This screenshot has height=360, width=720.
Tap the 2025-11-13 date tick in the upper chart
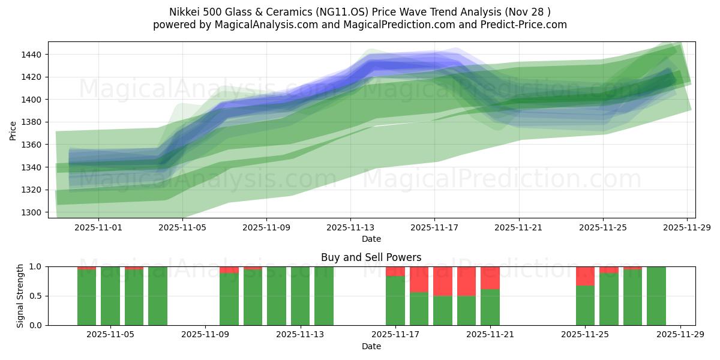pos(351,228)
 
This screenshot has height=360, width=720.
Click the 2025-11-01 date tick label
pos(99,228)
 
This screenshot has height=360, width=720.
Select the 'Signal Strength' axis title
pos(20,296)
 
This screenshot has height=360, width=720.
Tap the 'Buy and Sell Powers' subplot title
pos(371,257)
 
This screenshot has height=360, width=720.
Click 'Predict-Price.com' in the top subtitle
pos(521,25)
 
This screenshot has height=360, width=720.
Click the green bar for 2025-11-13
pos(324,296)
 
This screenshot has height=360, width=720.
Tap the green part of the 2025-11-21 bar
pos(490,307)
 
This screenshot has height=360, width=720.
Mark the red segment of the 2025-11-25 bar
pos(585,276)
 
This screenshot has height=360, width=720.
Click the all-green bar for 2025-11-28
pos(656,296)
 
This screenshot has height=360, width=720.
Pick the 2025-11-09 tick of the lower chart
pos(206,335)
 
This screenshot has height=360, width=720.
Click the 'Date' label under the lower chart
pos(371,346)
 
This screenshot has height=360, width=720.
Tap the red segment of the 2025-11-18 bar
pos(419,279)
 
